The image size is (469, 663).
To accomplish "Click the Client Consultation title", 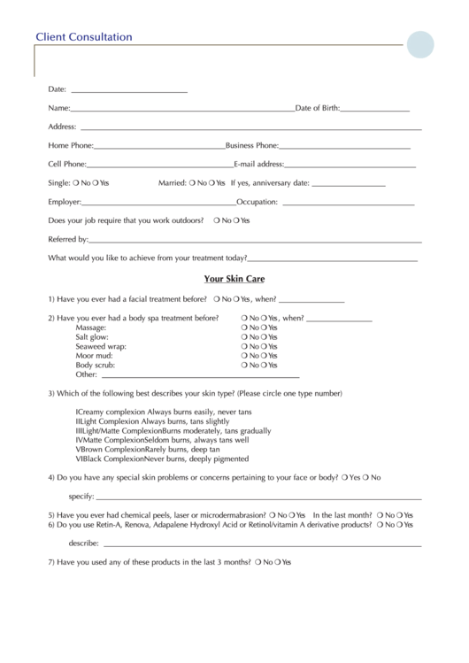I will click(x=83, y=37).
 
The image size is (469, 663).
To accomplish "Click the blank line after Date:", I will click(x=128, y=91).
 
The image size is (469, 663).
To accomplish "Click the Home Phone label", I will click(x=70, y=145).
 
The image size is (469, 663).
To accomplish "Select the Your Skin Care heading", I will click(x=234, y=279).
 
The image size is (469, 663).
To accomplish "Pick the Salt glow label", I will click(x=92, y=337).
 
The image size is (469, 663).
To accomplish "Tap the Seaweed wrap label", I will click(x=101, y=346).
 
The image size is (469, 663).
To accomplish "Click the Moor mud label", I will click(x=95, y=356).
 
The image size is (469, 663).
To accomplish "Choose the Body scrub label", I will click(x=96, y=365).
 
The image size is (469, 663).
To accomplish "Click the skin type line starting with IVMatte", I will click(x=162, y=440).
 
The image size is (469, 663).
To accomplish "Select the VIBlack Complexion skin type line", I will click(x=163, y=459).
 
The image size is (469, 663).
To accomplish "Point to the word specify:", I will click(x=81, y=497).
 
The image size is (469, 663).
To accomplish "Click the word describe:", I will click(x=83, y=543).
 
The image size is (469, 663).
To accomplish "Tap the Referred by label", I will click(x=68, y=239).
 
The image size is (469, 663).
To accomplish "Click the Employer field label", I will click(x=65, y=202).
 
